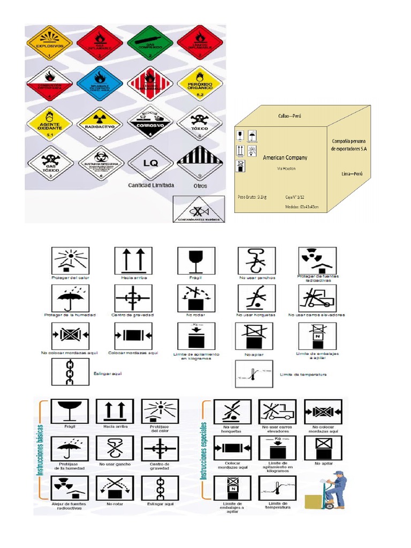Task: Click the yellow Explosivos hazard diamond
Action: tap(49, 42)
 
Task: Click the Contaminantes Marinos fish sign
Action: tap(198, 209)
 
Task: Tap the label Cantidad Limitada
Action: tap(150, 185)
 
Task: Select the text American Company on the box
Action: tap(285, 158)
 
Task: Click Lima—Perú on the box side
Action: tap(351, 174)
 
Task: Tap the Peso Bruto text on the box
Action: tap(252, 197)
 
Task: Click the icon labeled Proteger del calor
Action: tap(71, 260)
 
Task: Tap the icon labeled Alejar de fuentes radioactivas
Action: tap(70, 488)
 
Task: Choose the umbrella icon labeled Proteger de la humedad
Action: tap(71, 298)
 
